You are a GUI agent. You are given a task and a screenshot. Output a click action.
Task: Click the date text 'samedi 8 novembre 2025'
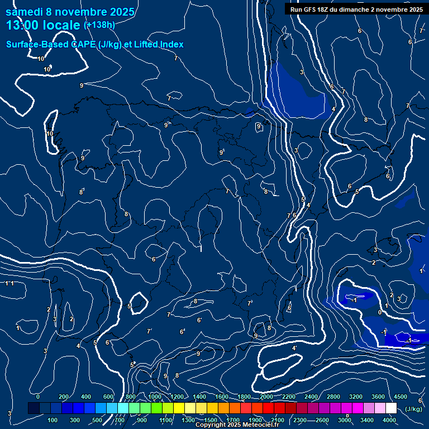coord(70,12)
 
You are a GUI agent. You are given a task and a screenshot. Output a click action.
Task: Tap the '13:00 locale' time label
coord(44,25)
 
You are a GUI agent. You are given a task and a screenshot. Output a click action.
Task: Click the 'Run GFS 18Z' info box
coord(356,9)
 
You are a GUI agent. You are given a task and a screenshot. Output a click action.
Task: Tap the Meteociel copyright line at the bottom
coord(237,425)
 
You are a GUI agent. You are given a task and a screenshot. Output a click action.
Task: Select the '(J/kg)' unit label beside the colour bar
coord(413,409)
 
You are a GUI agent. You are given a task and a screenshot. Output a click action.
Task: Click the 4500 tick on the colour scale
coord(401,397)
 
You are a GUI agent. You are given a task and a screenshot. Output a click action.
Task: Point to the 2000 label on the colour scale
coord(266,397)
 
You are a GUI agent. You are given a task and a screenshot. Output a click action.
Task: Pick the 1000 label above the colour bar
coord(155,397)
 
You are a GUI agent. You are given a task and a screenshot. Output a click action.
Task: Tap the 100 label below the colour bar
coord(53,420)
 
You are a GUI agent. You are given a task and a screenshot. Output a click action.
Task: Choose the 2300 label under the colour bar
coord(300,420)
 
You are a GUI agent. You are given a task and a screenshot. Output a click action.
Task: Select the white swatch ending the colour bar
coord(391,408)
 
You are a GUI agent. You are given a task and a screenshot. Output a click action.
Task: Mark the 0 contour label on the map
coord(380,313)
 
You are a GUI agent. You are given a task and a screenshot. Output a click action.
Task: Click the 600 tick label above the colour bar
coord(108,397)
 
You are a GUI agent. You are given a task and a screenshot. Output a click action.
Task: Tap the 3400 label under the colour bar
coord(368,420)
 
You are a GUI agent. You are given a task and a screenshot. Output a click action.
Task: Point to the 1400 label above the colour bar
coord(199,397)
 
